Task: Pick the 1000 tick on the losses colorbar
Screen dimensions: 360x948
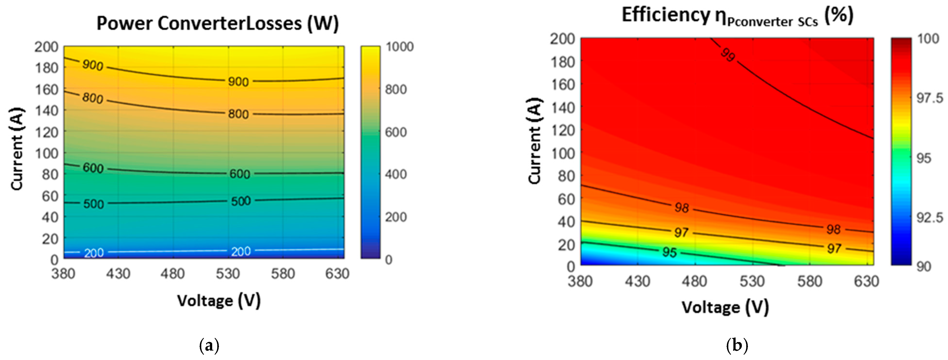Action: pyautogui.click(x=400, y=47)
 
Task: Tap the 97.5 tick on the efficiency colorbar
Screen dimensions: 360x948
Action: pyautogui.click(x=930, y=98)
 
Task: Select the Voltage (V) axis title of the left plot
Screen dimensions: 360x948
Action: pyautogui.click(x=219, y=301)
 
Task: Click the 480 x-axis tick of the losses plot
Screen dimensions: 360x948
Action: pyautogui.click(x=173, y=274)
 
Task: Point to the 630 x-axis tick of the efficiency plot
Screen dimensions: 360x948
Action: pyautogui.click(x=866, y=282)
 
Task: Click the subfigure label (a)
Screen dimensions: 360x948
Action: pyautogui.click(x=209, y=346)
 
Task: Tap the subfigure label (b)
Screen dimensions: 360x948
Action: pyautogui.click(x=737, y=346)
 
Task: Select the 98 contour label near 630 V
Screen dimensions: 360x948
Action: pyautogui.click(x=833, y=229)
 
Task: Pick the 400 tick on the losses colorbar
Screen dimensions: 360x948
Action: pyautogui.click(x=396, y=174)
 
